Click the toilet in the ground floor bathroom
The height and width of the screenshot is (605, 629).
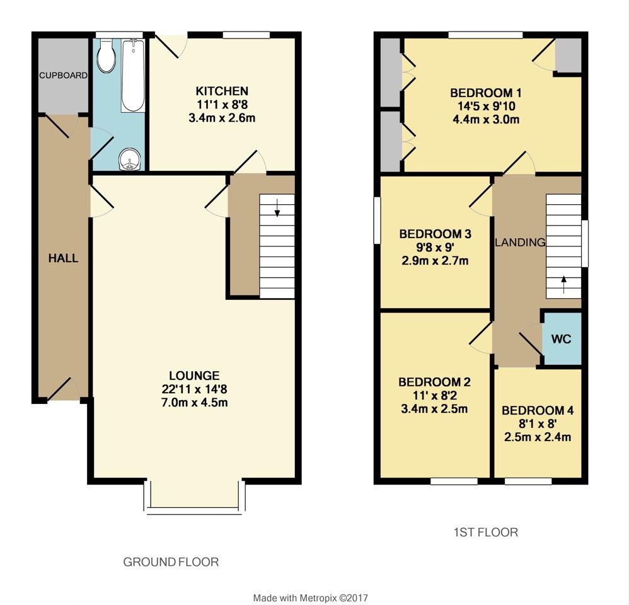pos(107,57)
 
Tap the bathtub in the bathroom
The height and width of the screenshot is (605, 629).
pos(132,76)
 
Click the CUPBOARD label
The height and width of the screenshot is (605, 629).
pos(63,76)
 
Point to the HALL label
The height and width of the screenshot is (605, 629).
pos(64,258)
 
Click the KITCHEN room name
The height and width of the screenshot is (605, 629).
pos(221,91)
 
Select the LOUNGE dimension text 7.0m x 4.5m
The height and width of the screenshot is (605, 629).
pos(193,403)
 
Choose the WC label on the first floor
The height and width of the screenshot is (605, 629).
pos(562,339)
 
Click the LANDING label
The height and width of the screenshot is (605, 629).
pos(520,242)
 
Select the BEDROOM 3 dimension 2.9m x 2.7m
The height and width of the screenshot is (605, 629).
pos(434,261)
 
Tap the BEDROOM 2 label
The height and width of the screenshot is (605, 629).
pos(434,382)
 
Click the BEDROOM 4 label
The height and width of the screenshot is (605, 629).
pos(538,410)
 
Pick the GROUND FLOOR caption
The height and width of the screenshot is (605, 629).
pos(171,562)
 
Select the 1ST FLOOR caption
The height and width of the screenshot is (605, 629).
pos(486,533)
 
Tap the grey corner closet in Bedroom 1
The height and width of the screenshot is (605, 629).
pos(568,55)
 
